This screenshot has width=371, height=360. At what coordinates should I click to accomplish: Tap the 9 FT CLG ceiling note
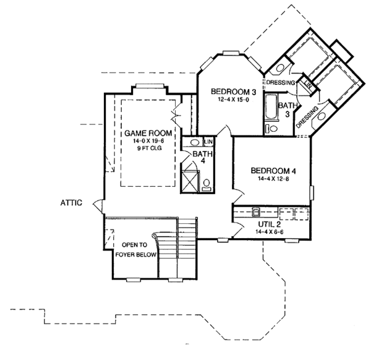click(147, 148)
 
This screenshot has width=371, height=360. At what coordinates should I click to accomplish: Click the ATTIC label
click(72, 202)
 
